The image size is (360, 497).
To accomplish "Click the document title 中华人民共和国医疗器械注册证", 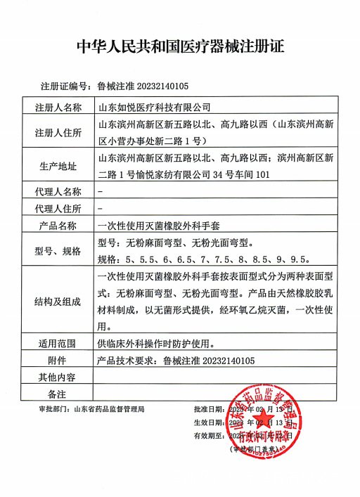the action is pyautogui.click(x=180, y=47).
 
